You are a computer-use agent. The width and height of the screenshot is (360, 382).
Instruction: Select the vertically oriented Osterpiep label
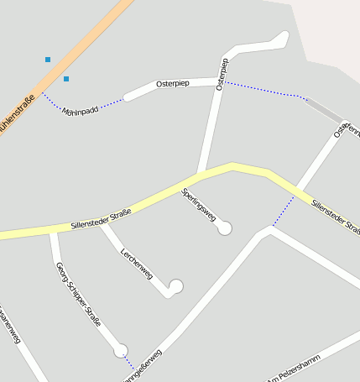click(222, 74)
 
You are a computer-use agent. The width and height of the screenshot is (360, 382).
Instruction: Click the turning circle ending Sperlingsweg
click(225, 228)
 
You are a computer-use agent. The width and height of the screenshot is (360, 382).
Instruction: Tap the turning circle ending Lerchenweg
click(175, 286)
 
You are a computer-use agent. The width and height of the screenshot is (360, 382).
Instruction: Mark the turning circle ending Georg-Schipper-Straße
click(121, 350)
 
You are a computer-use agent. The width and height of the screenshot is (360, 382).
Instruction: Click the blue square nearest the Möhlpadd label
click(66, 79)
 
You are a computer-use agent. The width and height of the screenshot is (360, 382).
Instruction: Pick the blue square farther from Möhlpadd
click(48, 60)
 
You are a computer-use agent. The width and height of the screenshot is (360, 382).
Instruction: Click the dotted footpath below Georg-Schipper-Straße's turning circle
click(129, 363)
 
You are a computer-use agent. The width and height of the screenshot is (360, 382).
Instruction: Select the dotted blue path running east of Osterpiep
click(260, 89)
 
